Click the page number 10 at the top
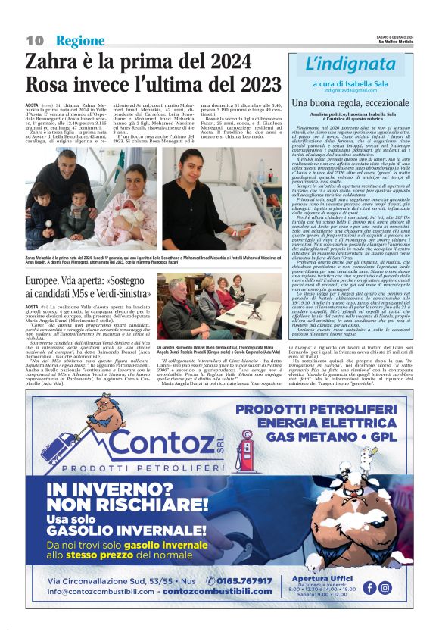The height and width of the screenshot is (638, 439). [x=34, y=40]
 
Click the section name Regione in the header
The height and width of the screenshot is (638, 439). [x=80, y=40]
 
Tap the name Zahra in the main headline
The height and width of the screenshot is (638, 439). [x=56, y=63]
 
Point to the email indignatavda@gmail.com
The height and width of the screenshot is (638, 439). [x=350, y=89]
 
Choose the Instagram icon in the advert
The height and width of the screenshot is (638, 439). [x=385, y=587]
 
